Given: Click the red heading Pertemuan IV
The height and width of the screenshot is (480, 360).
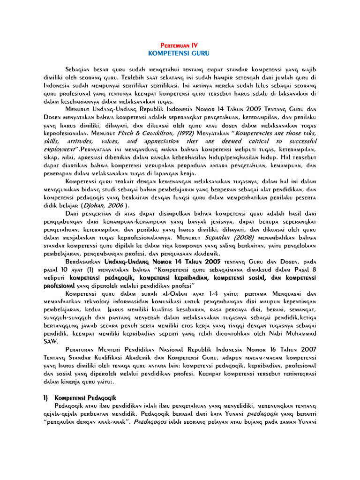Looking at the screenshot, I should coord(179,45).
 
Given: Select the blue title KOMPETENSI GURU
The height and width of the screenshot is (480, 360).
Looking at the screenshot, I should coord(179,53).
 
